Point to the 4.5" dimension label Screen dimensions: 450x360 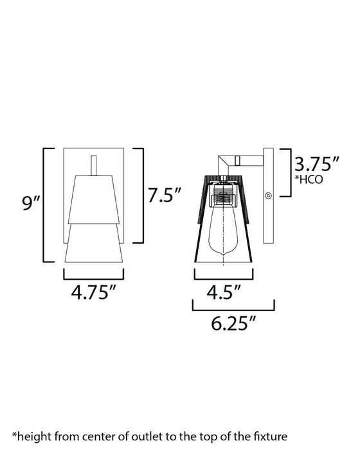(223, 292)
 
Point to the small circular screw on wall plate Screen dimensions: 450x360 (268, 196)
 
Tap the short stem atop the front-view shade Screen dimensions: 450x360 (94, 164)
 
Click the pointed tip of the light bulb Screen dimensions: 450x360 (224, 258)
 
